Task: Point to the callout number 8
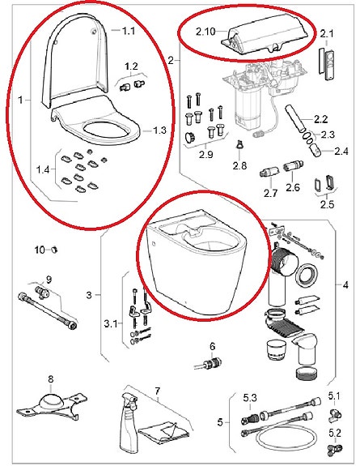click(50, 378)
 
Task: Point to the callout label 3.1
click(112, 325)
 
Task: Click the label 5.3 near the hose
click(251, 396)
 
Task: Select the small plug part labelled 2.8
click(239, 146)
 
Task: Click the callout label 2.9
click(205, 154)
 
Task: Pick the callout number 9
click(49, 280)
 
